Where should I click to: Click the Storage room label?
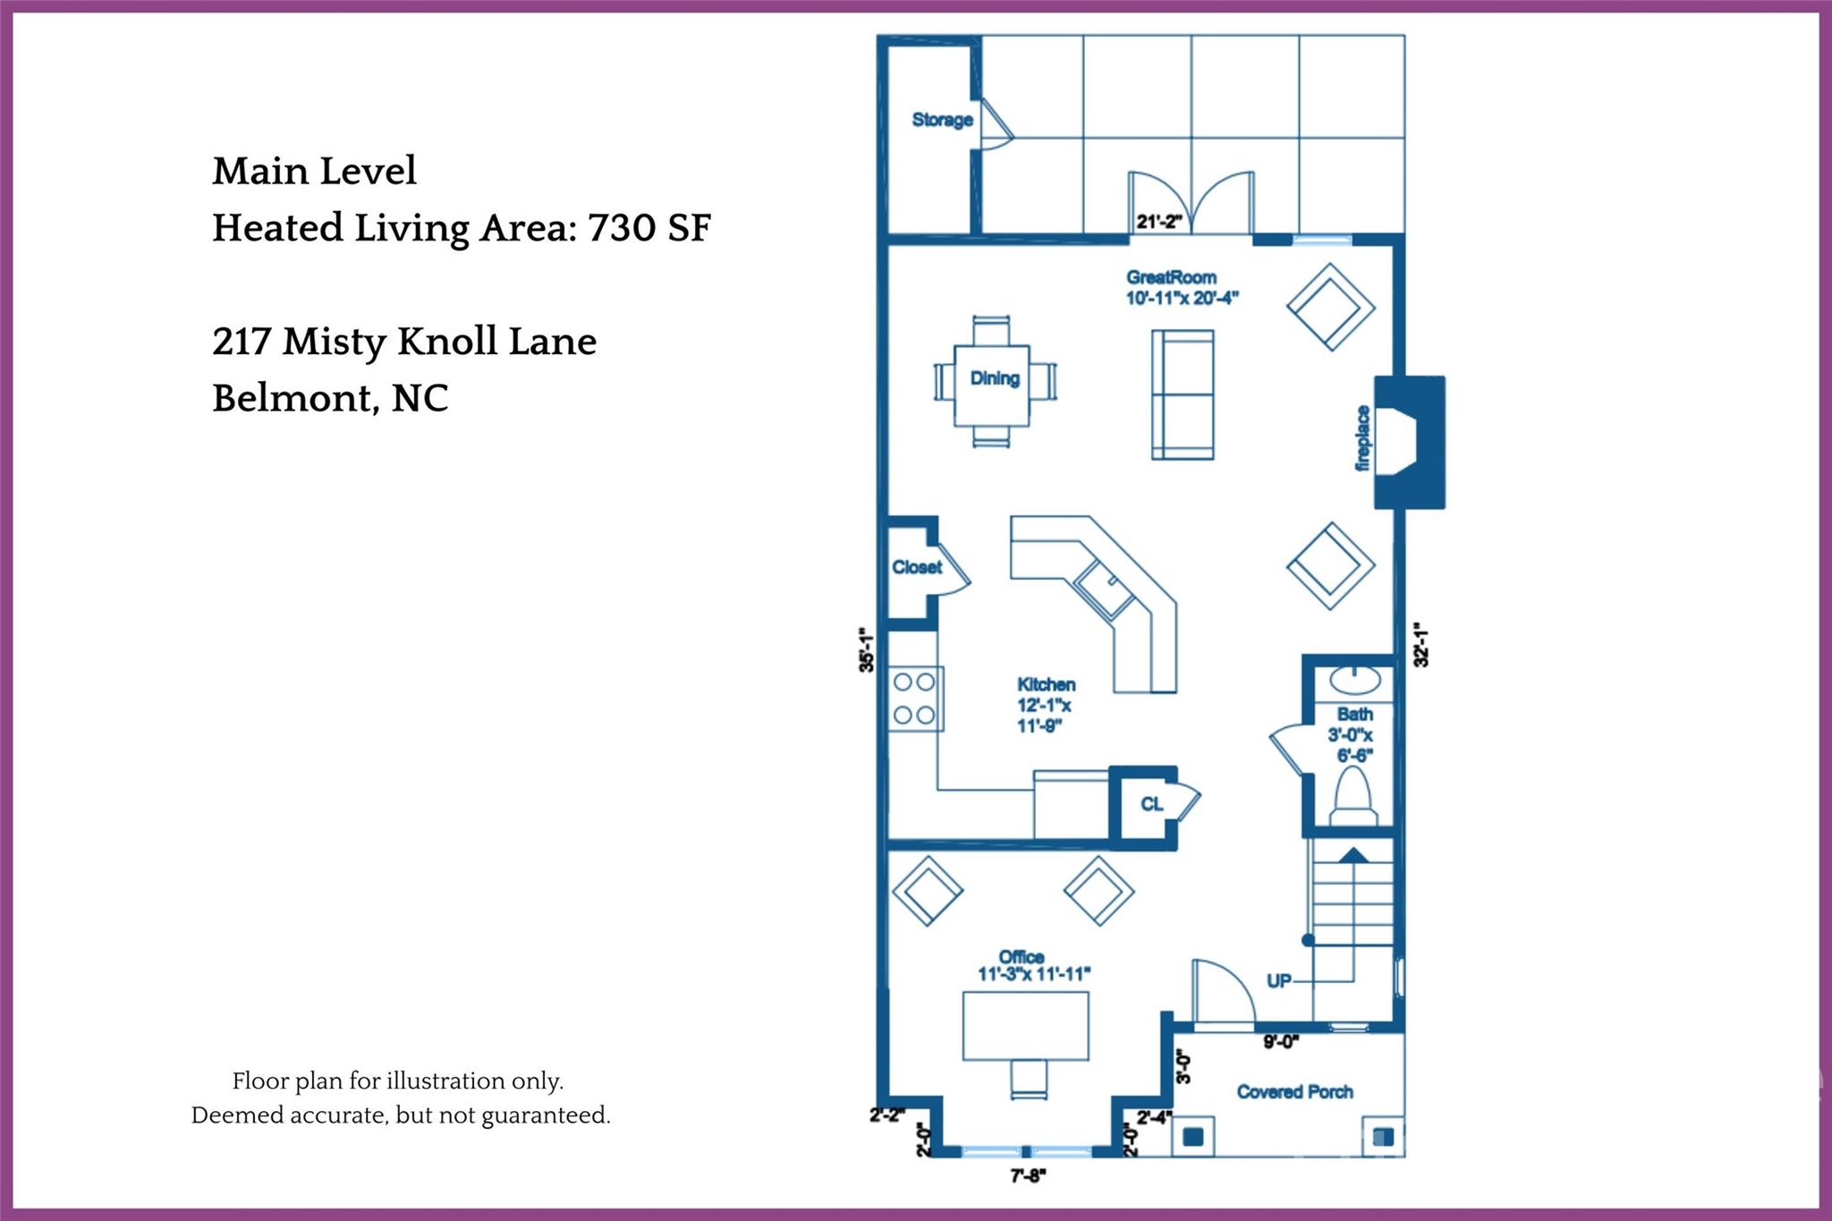[x=942, y=120]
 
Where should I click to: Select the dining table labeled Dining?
[x=994, y=379]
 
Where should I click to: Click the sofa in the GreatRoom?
[x=1182, y=394]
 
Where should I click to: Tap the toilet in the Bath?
[x=1353, y=797]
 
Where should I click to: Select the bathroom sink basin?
[x=1354, y=680]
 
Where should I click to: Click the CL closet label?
[x=1151, y=804]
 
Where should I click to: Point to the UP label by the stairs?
[x=1279, y=980]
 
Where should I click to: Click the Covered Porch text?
[x=1294, y=1091]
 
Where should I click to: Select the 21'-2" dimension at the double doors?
[x=1159, y=222]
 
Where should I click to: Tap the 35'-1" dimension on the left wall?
[x=866, y=650]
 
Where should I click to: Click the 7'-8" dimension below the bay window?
[x=1028, y=1176]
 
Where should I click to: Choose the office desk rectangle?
[x=1025, y=1025]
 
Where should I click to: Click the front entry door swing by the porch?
[x=1223, y=991]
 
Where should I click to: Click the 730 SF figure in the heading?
[x=649, y=228]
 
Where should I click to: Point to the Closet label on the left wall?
[x=917, y=567]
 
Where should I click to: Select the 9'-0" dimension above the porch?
[x=1281, y=1041]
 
